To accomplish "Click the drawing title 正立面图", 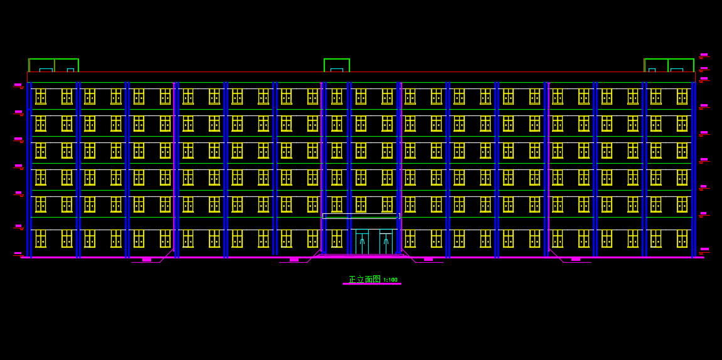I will [364, 279].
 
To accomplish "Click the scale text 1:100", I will [390, 280].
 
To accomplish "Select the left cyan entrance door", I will [362, 242].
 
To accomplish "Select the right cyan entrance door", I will [386, 242].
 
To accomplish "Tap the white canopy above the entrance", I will [361, 216].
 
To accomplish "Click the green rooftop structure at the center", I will [336, 65].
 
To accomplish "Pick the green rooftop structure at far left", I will [53, 65].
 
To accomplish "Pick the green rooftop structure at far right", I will [669, 65].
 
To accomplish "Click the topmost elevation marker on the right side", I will [704, 55].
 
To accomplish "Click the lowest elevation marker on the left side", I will [18, 253].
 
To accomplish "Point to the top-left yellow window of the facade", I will [41, 96].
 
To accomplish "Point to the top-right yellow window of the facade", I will [682, 96].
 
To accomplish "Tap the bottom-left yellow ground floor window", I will [41, 238].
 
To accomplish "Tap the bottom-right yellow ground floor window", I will [682, 238].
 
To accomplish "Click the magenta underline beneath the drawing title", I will [371, 284].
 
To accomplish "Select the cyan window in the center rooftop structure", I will [336, 70].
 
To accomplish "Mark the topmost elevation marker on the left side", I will [18, 85].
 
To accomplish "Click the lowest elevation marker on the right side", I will [704, 250].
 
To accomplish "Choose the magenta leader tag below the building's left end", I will [147, 260].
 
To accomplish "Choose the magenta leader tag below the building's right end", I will [576, 260].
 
